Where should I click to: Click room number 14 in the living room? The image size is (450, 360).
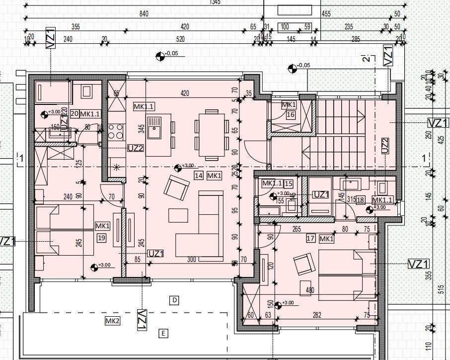click(x=199, y=176)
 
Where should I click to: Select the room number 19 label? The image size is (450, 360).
click(x=102, y=238)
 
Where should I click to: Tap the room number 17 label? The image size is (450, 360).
click(x=311, y=239)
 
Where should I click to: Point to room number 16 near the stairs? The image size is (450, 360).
click(x=291, y=115)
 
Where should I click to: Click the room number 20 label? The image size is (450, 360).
click(x=75, y=114)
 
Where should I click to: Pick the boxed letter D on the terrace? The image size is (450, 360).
click(x=174, y=300)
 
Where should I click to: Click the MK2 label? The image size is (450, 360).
click(x=112, y=321)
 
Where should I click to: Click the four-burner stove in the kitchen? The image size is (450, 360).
click(x=116, y=132)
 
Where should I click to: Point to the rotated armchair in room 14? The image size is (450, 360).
click(x=176, y=187)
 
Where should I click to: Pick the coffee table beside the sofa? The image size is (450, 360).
click(x=178, y=215)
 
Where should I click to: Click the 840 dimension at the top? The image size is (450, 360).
click(x=144, y=14)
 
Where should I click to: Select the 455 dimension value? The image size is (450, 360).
click(x=326, y=14)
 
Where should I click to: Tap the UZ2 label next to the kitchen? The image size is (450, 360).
click(x=136, y=148)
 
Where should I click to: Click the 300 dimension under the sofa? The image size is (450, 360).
click(x=192, y=260)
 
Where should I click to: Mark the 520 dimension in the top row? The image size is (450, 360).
click(x=180, y=39)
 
